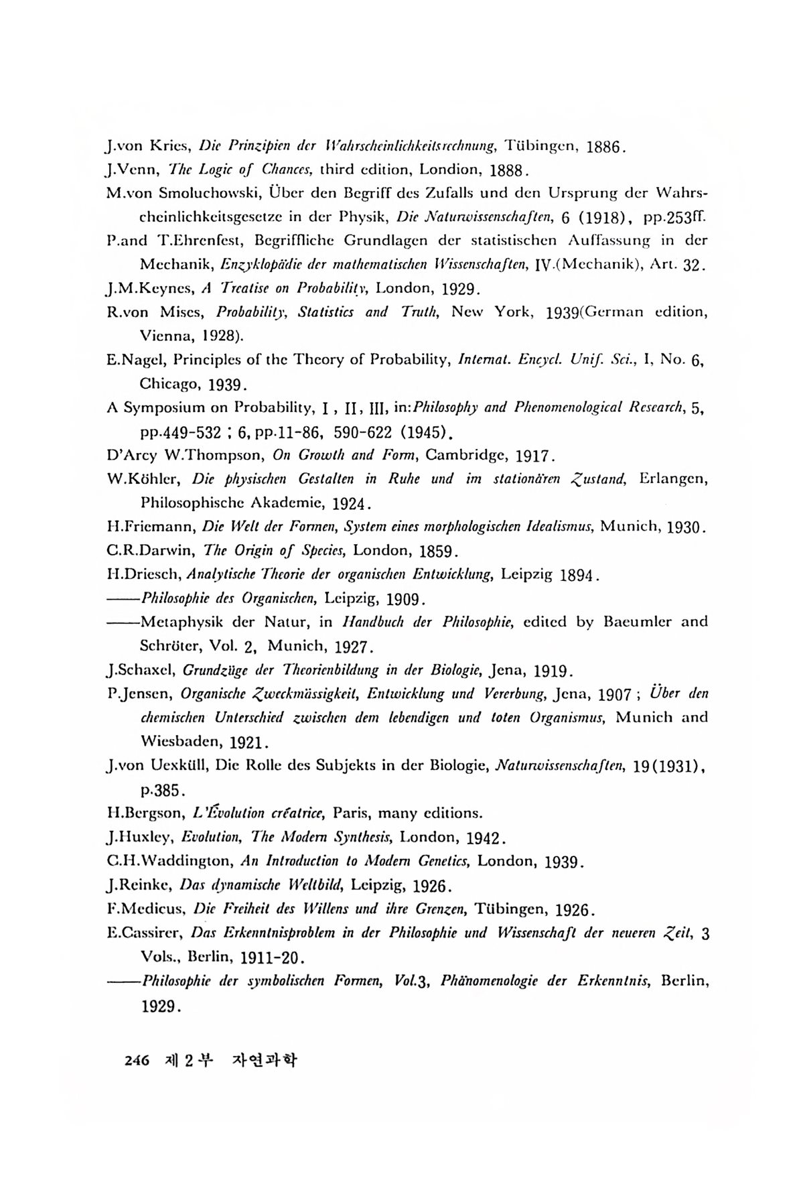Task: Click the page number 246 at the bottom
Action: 136,1061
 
